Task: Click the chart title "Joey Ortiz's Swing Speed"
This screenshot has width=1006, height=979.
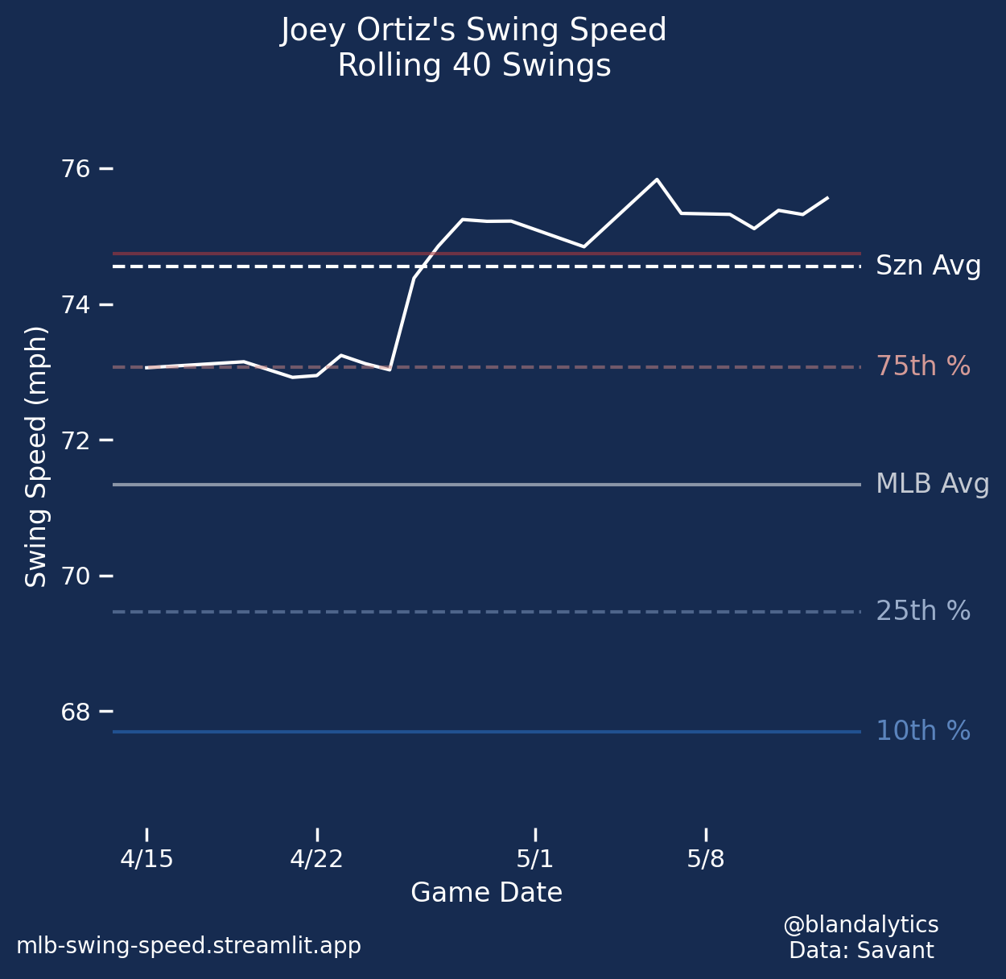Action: click(x=473, y=31)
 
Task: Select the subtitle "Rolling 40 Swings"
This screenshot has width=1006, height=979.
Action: click(x=473, y=66)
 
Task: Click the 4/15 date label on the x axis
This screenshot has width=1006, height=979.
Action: click(x=146, y=859)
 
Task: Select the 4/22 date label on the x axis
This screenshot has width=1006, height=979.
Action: click(x=316, y=859)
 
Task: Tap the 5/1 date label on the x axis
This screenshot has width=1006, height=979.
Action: click(x=535, y=859)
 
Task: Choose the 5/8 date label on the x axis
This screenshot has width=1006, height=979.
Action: click(x=706, y=859)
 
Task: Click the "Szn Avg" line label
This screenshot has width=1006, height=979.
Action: click(x=928, y=266)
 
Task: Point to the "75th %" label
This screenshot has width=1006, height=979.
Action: click(x=923, y=367)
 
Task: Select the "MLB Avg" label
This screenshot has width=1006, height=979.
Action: click(x=932, y=485)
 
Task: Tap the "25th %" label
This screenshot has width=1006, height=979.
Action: click(x=923, y=612)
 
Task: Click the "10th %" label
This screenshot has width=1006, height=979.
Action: click(x=923, y=731)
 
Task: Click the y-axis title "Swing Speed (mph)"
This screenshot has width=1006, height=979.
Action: click(x=36, y=456)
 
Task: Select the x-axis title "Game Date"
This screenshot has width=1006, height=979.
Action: click(x=486, y=893)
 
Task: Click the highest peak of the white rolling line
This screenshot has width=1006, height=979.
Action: click(x=657, y=180)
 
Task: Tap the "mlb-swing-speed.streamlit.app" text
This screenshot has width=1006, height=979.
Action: click(x=188, y=946)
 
